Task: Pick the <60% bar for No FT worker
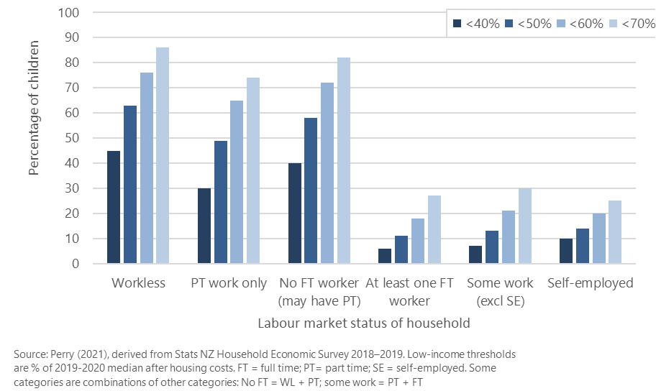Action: coord(328,173)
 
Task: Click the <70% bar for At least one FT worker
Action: coord(434,229)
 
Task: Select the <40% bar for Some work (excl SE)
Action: coord(475,254)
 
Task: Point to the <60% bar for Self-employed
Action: coord(599,239)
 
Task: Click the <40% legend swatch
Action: coord(457,24)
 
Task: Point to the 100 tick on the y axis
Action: coord(70,13)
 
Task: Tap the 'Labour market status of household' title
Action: coord(364,323)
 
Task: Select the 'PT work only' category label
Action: coord(229,283)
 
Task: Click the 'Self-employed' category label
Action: coord(590,283)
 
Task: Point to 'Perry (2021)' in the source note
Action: coord(76,355)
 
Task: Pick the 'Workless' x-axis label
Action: coord(138,283)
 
